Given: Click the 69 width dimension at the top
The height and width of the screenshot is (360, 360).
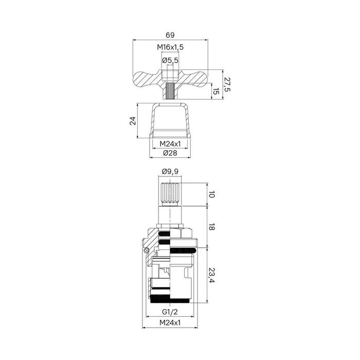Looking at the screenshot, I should click(170, 35).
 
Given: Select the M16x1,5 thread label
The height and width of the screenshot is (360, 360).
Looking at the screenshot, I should click(170, 47).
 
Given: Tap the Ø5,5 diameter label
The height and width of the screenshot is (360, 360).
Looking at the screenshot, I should click(170, 61).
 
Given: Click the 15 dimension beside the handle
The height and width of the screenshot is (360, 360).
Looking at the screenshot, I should click(216, 92).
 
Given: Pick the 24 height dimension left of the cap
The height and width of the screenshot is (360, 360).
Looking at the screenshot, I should click(133, 121).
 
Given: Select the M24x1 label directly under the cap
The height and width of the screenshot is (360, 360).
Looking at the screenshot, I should click(170, 143).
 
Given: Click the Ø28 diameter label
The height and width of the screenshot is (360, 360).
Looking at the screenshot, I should click(170, 153).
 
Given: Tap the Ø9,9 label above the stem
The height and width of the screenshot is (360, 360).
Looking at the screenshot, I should click(170, 172).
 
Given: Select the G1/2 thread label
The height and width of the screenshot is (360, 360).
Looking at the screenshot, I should click(170, 312).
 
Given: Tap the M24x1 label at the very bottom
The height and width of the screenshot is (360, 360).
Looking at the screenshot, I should click(170, 322).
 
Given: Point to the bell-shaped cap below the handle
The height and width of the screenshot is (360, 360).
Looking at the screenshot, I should click(170, 121).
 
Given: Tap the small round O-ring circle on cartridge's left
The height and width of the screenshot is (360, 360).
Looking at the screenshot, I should click(146, 250).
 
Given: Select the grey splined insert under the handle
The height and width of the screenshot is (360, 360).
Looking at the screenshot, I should click(170, 91).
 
